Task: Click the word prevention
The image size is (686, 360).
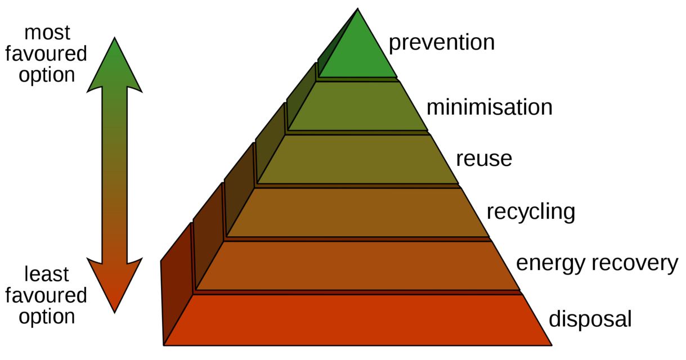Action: coord(442,43)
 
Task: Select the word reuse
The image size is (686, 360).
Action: coord(484,159)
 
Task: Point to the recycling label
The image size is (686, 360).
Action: coord(531,213)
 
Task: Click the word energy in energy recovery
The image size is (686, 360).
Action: coord(550,264)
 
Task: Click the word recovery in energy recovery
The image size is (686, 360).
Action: coord(635,264)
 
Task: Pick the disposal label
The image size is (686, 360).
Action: coord(590,319)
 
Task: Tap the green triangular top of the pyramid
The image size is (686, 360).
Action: coord(358,52)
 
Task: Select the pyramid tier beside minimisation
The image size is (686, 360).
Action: coord(358,106)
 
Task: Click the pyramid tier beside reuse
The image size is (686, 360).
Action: coord(358,160)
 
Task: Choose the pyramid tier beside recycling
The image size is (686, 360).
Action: coord(358,213)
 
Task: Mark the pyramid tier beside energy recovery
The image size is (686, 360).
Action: coord(358,265)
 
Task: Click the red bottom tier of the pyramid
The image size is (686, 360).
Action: coord(358,320)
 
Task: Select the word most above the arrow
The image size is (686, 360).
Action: coord(47,33)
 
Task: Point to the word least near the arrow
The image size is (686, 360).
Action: coord(47,274)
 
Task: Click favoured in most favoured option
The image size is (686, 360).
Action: coord(46,53)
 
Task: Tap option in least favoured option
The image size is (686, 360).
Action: coord(47,317)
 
